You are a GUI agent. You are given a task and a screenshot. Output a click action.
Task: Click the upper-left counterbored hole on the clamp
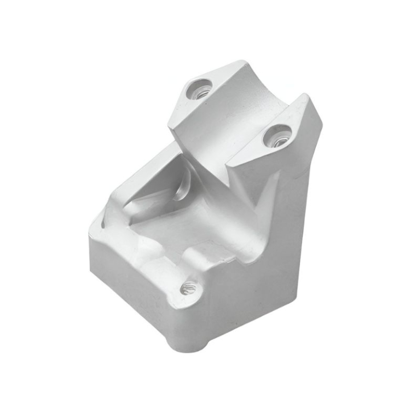click(x=199, y=89)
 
